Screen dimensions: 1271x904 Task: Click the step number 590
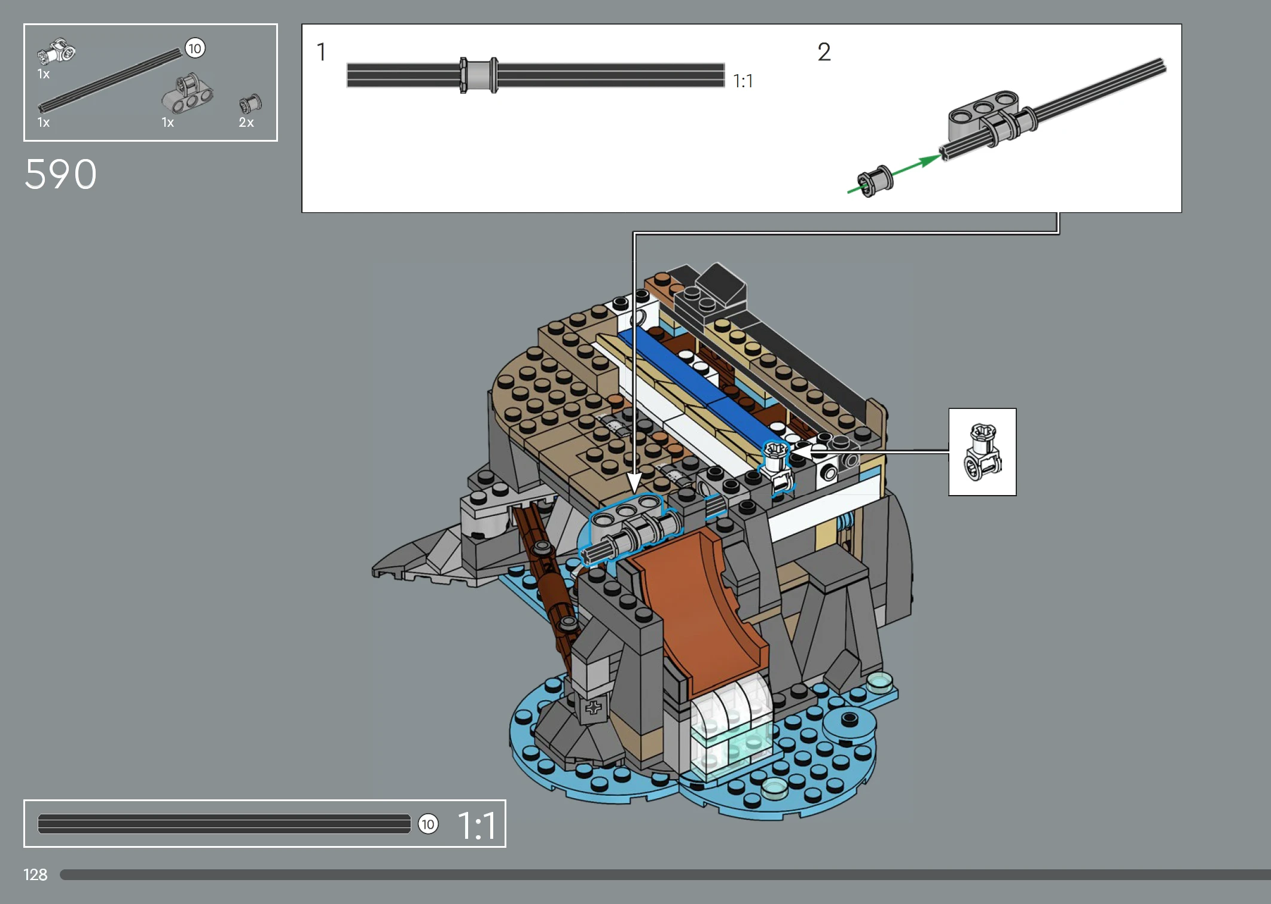pos(60,175)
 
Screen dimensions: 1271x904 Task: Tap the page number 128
pos(35,875)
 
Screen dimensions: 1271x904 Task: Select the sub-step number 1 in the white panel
pos(322,52)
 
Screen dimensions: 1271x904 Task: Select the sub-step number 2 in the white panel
pos(824,52)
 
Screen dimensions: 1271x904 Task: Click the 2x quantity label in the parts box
pos(246,123)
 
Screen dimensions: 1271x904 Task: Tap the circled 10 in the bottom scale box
pos(428,824)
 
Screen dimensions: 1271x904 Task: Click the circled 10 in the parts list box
pos(195,48)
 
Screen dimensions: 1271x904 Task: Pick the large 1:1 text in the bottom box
pos(477,826)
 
